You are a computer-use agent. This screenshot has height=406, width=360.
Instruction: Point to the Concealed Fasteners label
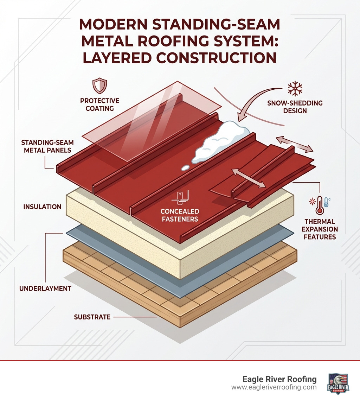180,215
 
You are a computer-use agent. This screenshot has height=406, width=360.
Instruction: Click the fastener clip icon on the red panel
180,197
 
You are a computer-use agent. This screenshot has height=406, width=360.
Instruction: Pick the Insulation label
43,207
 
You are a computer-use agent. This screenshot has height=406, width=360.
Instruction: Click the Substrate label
92,317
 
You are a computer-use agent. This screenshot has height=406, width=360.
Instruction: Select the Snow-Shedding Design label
294,107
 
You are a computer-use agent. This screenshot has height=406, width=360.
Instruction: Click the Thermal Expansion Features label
320,229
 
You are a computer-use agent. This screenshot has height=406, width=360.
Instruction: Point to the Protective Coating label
100,104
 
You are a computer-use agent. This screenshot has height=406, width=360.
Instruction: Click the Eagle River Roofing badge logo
338,384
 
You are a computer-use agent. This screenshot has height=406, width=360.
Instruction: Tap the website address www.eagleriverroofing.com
274,387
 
